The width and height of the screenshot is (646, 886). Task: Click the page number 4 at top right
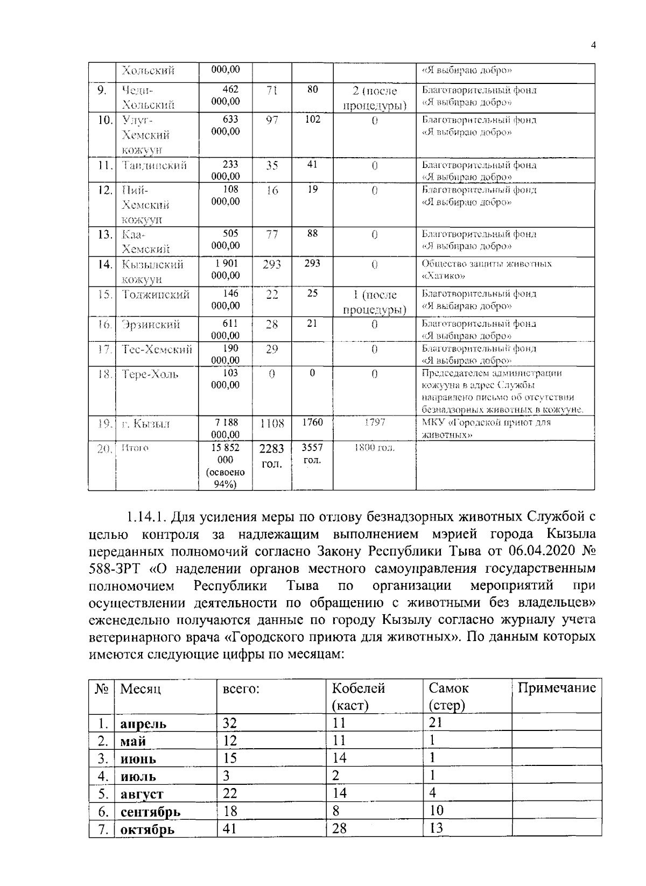pyautogui.click(x=593, y=46)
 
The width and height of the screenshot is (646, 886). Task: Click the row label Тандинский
pyautogui.click(x=154, y=166)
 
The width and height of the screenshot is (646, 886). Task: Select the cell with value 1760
pyautogui.click(x=312, y=423)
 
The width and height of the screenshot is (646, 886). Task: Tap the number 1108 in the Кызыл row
pyautogui.click(x=272, y=424)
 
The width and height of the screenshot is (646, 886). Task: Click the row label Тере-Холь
pyautogui.click(x=150, y=374)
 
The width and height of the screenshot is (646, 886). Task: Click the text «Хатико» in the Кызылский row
pyautogui.click(x=443, y=276)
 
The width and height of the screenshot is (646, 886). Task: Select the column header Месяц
pyautogui.click(x=141, y=689)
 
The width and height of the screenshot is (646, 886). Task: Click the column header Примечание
pyautogui.click(x=557, y=688)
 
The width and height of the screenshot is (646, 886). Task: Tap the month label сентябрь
pyautogui.click(x=150, y=812)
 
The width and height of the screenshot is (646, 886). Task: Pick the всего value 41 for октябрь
pyautogui.click(x=230, y=829)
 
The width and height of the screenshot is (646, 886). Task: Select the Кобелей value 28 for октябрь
pyautogui.click(x=339, y=828)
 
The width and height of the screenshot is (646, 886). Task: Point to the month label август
pyautogui.click(x=142, y=794)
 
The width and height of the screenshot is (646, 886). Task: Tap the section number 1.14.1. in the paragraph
pyautogui.click(x=146, y=518)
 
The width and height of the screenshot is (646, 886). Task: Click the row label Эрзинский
pyautogui.click(x=151, y=325)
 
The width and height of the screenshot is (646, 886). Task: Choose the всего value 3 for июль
pyautogui.click(x=227, y=776)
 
